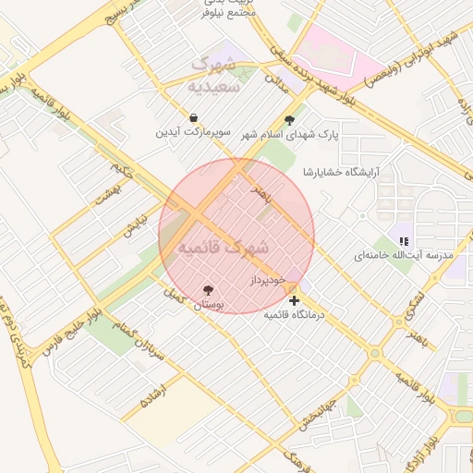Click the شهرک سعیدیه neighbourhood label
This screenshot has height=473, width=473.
pyautogui.click(x=213, y=75)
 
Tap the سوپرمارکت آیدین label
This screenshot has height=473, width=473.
pyautogui.click(x=194, y=133)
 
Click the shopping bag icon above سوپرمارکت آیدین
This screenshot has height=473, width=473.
pyautogui.click(x=194, y=118)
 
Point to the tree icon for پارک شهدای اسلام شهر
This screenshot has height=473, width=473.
pyautogui.click(x=290, y=119)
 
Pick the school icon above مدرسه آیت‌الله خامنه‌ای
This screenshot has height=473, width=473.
pyautogui.click(x=404, y=240)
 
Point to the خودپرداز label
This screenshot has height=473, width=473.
pyautogui.click(x=268, y=278)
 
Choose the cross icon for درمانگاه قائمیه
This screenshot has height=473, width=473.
pyautogui.click(x=294, y=300)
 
